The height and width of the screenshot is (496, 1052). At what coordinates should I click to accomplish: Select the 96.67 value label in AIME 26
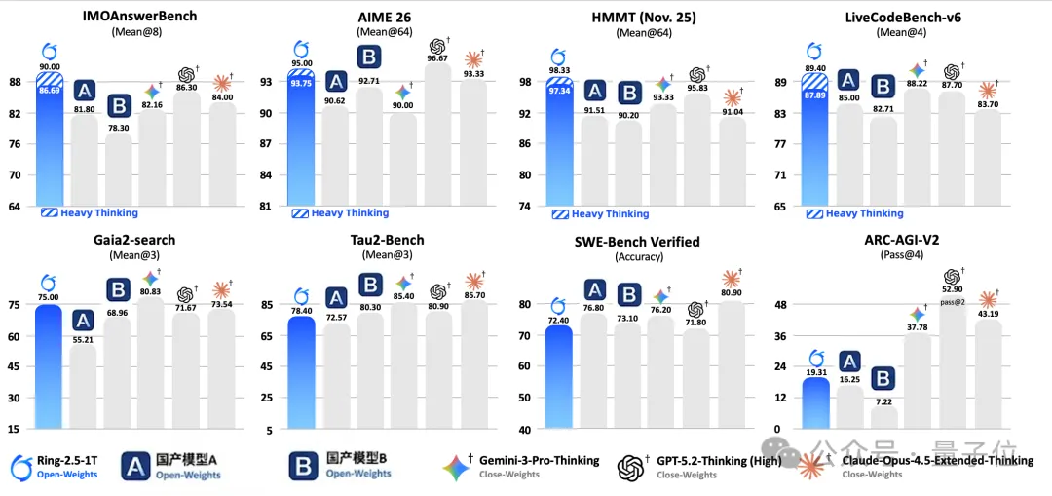[439, 57]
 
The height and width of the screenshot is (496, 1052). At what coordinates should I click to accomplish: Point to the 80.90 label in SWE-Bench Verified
[732, 292]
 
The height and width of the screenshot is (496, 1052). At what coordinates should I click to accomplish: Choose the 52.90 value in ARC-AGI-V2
[952, 289]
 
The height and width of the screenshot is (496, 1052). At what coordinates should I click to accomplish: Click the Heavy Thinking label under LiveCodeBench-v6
[865, 213]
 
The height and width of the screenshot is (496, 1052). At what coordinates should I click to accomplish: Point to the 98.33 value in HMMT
[559, 71]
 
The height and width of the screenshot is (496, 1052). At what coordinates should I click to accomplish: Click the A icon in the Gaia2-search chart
[84, 320]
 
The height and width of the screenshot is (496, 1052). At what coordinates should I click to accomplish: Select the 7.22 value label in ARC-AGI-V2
[883, 401]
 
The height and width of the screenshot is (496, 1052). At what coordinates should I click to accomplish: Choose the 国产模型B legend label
[358, 456]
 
